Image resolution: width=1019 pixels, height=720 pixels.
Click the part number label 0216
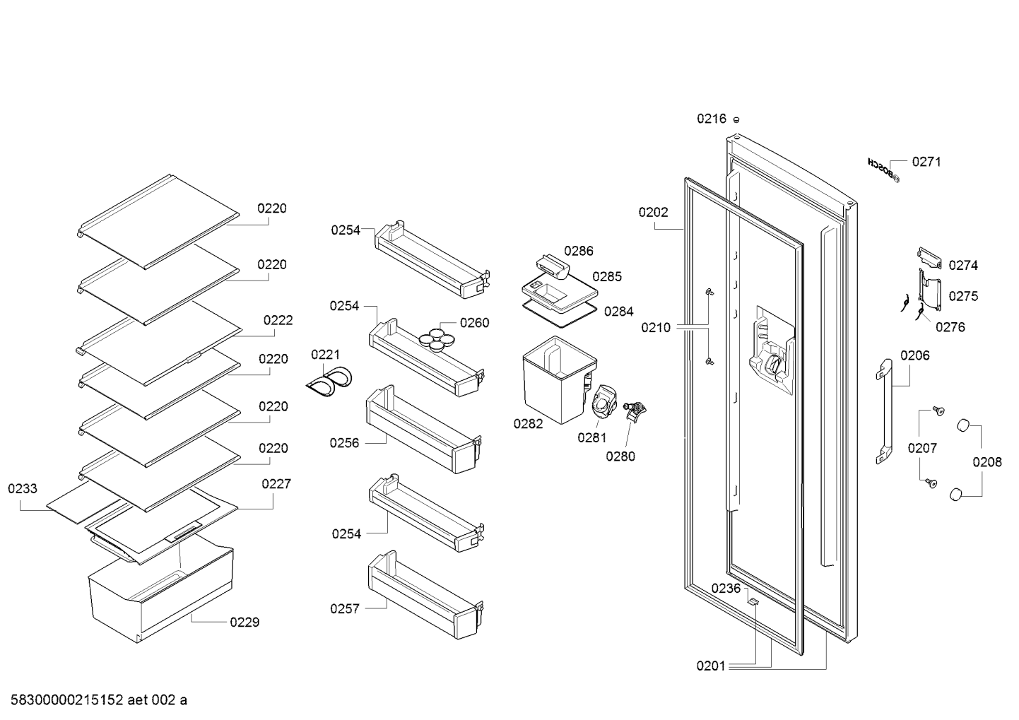712,119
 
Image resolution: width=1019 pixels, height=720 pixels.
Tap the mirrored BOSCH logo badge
883,170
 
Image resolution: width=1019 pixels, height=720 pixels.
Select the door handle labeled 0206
884,411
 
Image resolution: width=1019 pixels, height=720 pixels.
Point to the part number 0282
528,423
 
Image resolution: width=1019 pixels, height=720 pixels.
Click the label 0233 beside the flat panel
23,488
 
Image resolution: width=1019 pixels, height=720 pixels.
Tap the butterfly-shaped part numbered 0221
329,381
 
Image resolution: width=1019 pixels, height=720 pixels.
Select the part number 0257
345,608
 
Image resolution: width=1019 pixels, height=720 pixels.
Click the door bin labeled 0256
423,430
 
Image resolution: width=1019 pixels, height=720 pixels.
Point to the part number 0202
653,212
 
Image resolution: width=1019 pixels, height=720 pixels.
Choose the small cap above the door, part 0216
736,119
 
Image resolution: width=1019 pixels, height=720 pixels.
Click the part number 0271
926,162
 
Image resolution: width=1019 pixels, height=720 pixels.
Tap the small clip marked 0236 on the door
753,602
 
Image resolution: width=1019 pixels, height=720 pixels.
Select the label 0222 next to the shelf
278,320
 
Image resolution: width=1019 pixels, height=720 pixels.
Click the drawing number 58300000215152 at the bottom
67,700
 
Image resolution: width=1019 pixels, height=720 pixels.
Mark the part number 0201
711,666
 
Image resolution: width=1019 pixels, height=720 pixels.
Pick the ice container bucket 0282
560,380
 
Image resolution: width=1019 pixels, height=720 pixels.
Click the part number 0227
276,483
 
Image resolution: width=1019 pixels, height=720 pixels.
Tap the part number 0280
620,456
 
